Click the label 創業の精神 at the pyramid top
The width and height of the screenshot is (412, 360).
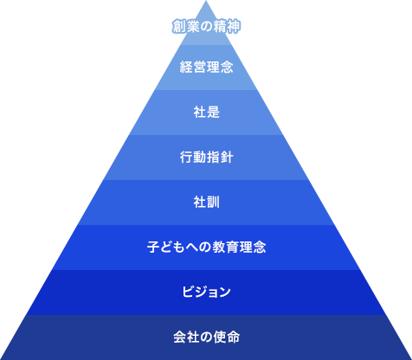click(206, 27)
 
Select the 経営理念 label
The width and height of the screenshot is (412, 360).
click(206, 67)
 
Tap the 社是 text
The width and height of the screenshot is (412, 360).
click(206, 112)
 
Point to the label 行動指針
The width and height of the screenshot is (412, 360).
click(206, 157)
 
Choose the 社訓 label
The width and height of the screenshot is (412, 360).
click(206, 202)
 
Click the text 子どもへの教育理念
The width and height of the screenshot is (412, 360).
click(206, 247)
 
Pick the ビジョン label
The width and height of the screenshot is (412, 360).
click(206, 292)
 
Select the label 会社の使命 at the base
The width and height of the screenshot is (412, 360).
click(206, 337)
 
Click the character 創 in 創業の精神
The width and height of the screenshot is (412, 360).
click(179, 27)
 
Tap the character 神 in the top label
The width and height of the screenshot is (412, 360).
click(234, 27)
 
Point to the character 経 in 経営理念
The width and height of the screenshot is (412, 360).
click(186, 67)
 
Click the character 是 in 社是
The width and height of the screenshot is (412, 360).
click(213, 112)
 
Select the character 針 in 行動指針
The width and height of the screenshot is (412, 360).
click(227, 157)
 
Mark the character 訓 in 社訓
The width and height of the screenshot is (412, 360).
click(213, 202)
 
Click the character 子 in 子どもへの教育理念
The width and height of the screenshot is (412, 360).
click(153, 247)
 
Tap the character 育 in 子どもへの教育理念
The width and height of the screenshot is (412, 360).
click(233, 247)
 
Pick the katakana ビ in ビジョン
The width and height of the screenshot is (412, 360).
click(188, 292)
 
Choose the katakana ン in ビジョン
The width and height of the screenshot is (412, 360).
click(225, 292)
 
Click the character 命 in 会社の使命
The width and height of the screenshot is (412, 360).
click(234, 337)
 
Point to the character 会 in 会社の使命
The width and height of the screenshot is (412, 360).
click(179, 337)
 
